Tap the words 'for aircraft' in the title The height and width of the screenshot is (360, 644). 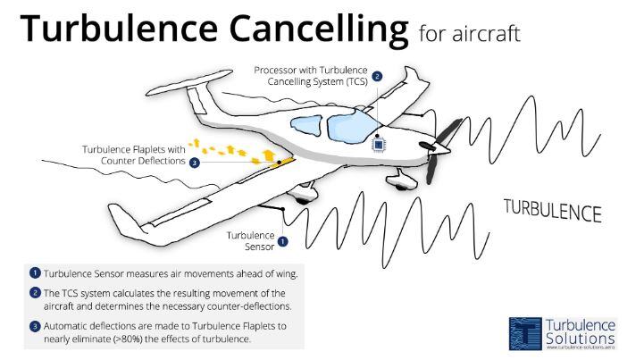(469, 34)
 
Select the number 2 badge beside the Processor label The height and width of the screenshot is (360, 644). (377, 77)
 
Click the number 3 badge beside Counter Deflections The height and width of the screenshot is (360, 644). (194, 162)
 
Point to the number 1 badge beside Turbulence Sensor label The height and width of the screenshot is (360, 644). (283, 241)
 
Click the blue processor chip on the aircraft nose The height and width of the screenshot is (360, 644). (379, 143)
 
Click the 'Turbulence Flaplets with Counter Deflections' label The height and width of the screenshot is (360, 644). (134, 155)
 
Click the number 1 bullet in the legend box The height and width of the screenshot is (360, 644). (35, 272)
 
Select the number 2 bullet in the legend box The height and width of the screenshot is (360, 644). (35, 293)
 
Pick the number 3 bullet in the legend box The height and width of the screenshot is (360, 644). (35, 326)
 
